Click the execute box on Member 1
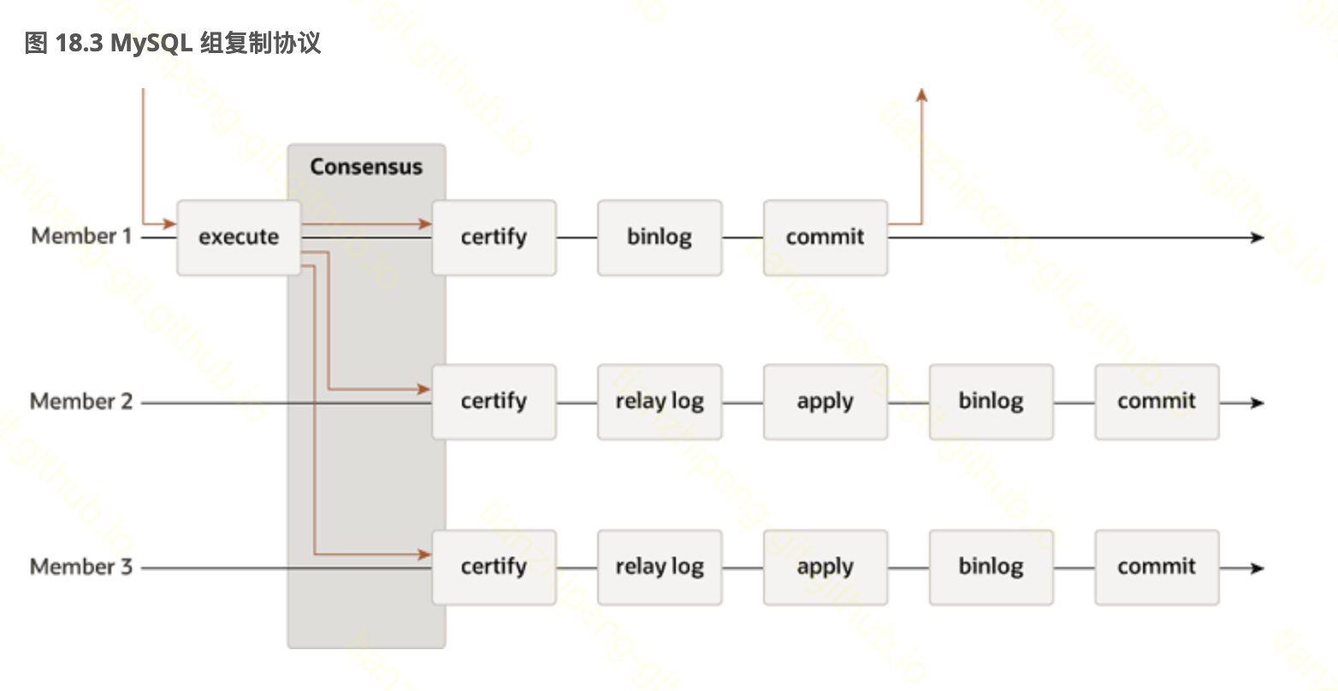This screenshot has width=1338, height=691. tap(239, 238)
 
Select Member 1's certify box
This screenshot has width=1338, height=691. tap(494, 238)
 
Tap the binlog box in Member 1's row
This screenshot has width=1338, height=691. tap(660, 238)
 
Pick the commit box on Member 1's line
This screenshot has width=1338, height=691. tap(826, 238)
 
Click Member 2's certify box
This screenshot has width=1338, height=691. tap(494, 402)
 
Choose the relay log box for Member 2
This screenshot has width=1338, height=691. tap(660, 402)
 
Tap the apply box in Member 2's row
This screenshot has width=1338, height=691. tap(826, 402)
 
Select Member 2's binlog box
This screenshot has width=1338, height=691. tap(991, 402)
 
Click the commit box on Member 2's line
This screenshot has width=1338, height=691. tap(1157, 402)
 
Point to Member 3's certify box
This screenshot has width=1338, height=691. tap(494, 567)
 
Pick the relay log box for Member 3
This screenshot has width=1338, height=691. tap(660, 567)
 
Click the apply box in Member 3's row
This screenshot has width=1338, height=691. tap(826, 567)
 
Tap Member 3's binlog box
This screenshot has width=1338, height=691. tap(991, 567)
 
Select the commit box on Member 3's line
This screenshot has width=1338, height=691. tap(1157, 567)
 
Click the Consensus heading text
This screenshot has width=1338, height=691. tap(366, 167)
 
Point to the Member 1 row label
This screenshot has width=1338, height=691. tap(81, 236)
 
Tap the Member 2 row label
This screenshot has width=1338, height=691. tap(81, 401)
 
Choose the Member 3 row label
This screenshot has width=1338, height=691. tap(81, 566)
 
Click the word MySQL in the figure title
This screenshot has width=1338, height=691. tap(151, 44)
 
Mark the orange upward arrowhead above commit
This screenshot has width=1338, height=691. tap(921, 94)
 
